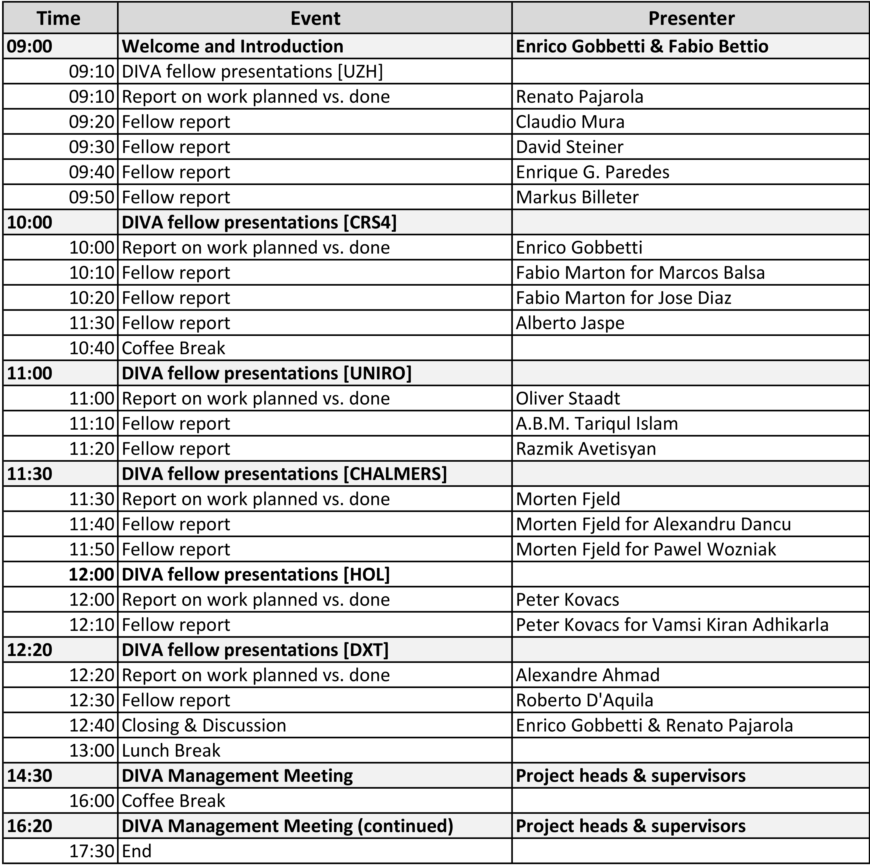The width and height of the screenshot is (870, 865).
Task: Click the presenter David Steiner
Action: (x=569, y=147)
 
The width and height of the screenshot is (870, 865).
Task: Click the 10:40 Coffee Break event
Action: (x=173, y=348)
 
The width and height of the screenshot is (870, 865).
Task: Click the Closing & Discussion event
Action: (x=204, y=726)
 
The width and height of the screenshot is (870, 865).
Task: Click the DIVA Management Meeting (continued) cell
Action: (x=287, y=826)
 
